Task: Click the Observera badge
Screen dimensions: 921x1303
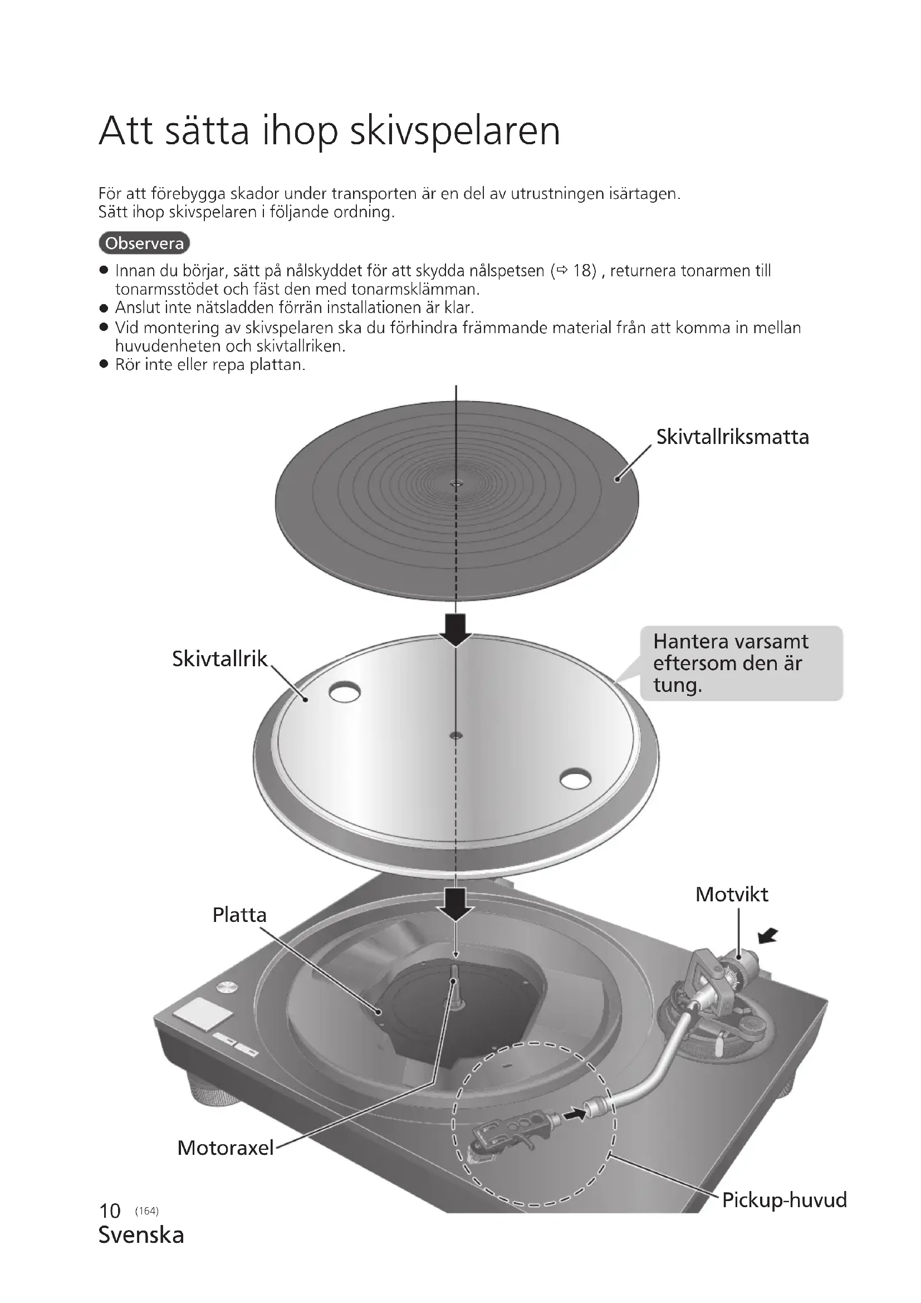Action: [144, 243]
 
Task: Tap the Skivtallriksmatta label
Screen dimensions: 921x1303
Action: [732, 437]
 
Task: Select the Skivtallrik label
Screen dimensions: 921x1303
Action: [219, 658]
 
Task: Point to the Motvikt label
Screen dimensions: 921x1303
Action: [732, 895]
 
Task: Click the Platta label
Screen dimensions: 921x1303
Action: [239, 915]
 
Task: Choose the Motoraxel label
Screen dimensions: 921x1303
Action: [225, 1148]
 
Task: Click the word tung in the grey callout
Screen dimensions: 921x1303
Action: [677, 685]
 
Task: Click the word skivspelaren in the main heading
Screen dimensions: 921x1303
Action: [454, 131]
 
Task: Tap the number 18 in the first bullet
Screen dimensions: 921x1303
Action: [584, 271]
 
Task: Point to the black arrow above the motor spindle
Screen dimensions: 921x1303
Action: [455, 904]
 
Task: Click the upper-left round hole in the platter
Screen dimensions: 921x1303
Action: [344, 692]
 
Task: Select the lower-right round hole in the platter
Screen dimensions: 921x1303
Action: [575, 779]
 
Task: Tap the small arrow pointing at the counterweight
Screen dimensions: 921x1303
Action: [768, 935]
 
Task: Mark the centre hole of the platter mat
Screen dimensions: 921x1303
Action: [456, 484]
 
